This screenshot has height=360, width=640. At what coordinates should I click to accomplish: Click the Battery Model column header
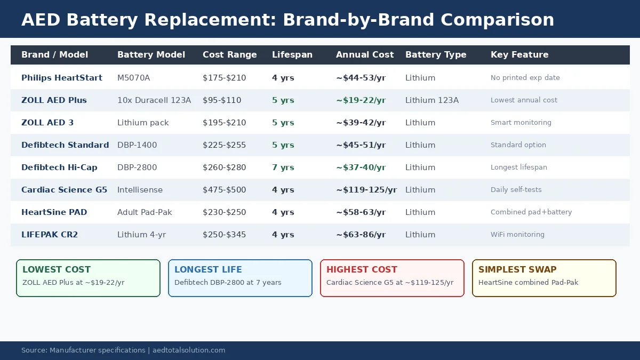[x=151, y=55]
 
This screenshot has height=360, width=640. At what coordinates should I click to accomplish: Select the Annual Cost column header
[x=365, y=55]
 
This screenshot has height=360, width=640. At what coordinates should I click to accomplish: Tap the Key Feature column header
[x=519, y=55]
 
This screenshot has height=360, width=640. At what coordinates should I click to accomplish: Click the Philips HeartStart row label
[x=62, y=78]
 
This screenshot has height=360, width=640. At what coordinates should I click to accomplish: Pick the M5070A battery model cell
[x=133, y=78]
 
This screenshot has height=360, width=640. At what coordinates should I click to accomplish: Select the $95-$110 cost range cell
[x=222, y=100]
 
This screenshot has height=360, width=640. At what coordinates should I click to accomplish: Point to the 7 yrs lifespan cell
[x=283, y=167]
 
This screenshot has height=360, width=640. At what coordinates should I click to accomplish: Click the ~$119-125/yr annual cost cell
[x=366, y=190]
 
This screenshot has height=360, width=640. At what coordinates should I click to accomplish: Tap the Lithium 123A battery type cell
[x=431, y=100]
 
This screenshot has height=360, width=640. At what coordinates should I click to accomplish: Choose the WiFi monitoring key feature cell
[x=517, y=235]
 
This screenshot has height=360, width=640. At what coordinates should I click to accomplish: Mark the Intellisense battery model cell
[x=140, y=190]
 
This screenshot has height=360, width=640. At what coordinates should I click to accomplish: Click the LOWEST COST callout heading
[x=57, y=270]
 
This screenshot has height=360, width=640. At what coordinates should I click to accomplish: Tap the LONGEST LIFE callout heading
[x=208, y=270]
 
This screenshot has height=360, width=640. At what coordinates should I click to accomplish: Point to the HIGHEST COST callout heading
[x=362, y=270]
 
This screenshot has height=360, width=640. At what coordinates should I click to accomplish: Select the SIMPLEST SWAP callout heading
[x=517, y=270]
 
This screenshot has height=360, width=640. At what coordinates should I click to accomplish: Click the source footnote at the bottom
[x=123, y=350]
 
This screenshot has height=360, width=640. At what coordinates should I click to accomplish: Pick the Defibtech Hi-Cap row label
[x=59, y=167]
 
